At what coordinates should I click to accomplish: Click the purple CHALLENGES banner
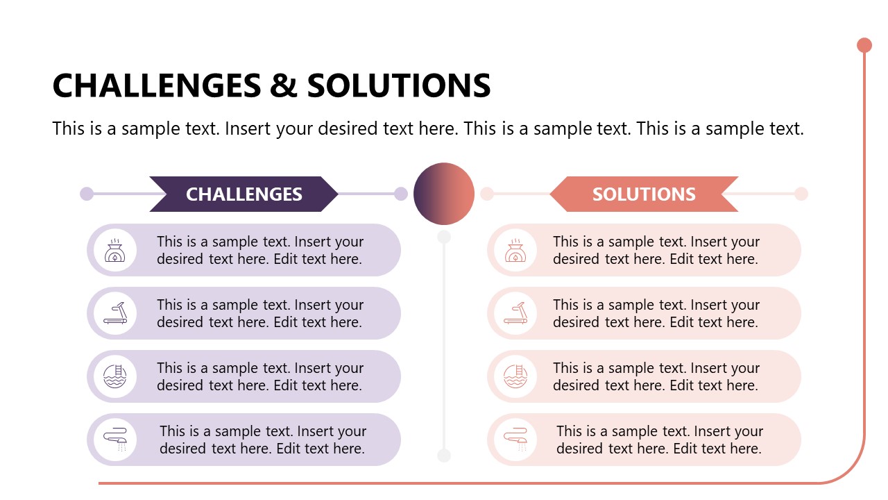[244, 194]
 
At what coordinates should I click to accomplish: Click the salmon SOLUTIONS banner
[644, 194]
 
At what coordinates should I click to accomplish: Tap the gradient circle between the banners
[444, 194]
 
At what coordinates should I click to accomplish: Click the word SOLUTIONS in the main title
[399, 85]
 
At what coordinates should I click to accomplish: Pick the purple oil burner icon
[115, 250]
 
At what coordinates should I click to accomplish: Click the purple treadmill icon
[115, 313]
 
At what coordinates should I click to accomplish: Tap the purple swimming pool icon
[115, 376]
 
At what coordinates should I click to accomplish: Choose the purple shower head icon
[115, 440]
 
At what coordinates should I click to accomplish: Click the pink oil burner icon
[515, 250]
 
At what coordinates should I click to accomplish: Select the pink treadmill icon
[515, 313]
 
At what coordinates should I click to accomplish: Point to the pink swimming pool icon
[515, 376]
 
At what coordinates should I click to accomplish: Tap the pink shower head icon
[515, 440]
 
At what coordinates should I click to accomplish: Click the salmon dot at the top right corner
[864, 45]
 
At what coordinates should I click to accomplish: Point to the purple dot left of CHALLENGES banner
[87, 194]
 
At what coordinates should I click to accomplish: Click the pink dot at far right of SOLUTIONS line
[801, 194]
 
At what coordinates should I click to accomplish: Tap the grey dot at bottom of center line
[444, 456]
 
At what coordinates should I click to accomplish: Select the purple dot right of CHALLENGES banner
[401, 194]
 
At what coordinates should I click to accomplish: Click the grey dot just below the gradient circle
[444, 237]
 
